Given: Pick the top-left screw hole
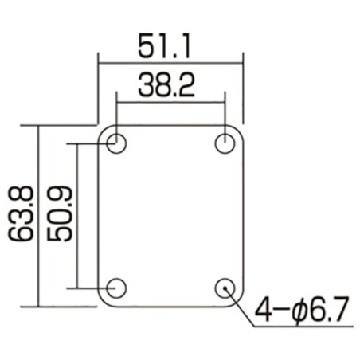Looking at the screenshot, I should point(116,144).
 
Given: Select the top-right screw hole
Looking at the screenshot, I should point(225,144).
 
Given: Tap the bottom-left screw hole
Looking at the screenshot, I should point(116,287).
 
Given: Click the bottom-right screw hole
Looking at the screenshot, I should point(225,287).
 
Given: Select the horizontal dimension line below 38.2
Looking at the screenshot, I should point(170,101).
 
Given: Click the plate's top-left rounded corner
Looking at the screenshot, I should point(103,130).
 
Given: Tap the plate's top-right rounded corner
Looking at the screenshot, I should point(239,130).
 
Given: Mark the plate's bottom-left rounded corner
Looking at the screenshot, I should point(103,302).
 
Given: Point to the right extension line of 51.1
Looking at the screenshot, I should point(243,88).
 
